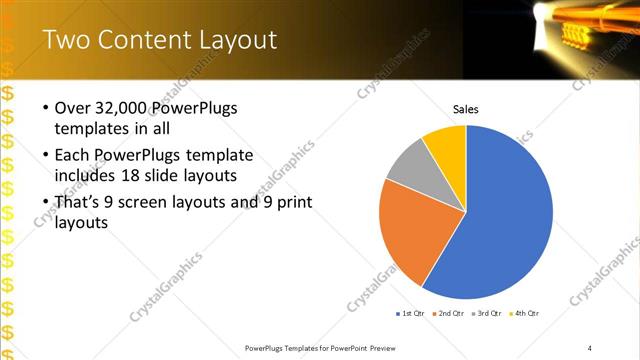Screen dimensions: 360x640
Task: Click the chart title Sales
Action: pyautogui.click(x=466, y=108)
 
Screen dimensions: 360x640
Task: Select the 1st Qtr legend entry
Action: pyautogui.click(x=410, y=314)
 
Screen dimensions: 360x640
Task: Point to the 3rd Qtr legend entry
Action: pyautogui.click(x=487, y=314)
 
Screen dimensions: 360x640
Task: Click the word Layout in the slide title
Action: pyautogui.click(x=231, y=40)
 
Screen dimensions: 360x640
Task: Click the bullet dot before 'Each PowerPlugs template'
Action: pyautogui.click(x=46, y=156)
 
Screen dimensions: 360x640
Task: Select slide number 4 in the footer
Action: pyautogui.click(x=590, y=347)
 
